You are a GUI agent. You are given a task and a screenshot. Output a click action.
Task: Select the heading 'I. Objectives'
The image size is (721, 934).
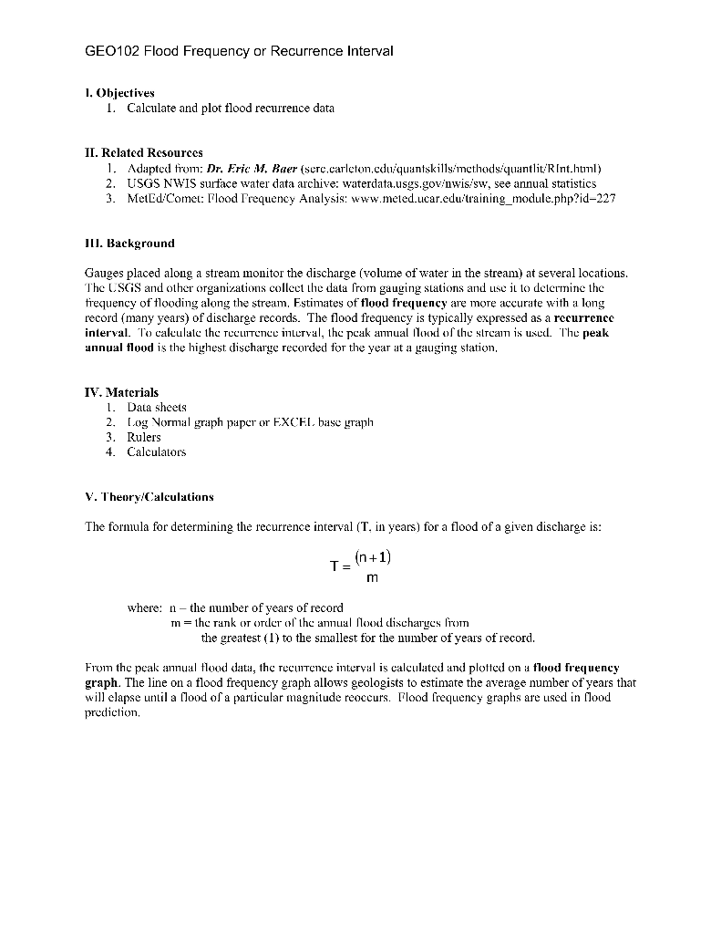pos(119,93)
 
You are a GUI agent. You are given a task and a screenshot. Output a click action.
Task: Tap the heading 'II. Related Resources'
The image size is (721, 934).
pos(143,152)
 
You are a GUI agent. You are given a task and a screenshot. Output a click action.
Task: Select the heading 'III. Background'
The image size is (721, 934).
pos(129,244)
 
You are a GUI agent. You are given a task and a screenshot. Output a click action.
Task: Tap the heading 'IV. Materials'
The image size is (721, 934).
pos(121,392)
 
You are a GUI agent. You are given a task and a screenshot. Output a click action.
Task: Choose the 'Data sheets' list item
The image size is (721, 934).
pos(156,407)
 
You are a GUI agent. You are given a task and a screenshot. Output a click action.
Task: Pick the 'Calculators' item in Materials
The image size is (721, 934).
pos(156,451)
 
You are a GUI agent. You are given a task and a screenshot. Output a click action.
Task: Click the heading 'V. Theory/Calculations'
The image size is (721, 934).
pos(149,497)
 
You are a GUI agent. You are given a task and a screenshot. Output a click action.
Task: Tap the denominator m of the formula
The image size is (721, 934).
pos(372,577)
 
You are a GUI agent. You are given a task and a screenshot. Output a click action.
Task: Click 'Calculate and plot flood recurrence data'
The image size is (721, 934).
pos(231,108)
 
